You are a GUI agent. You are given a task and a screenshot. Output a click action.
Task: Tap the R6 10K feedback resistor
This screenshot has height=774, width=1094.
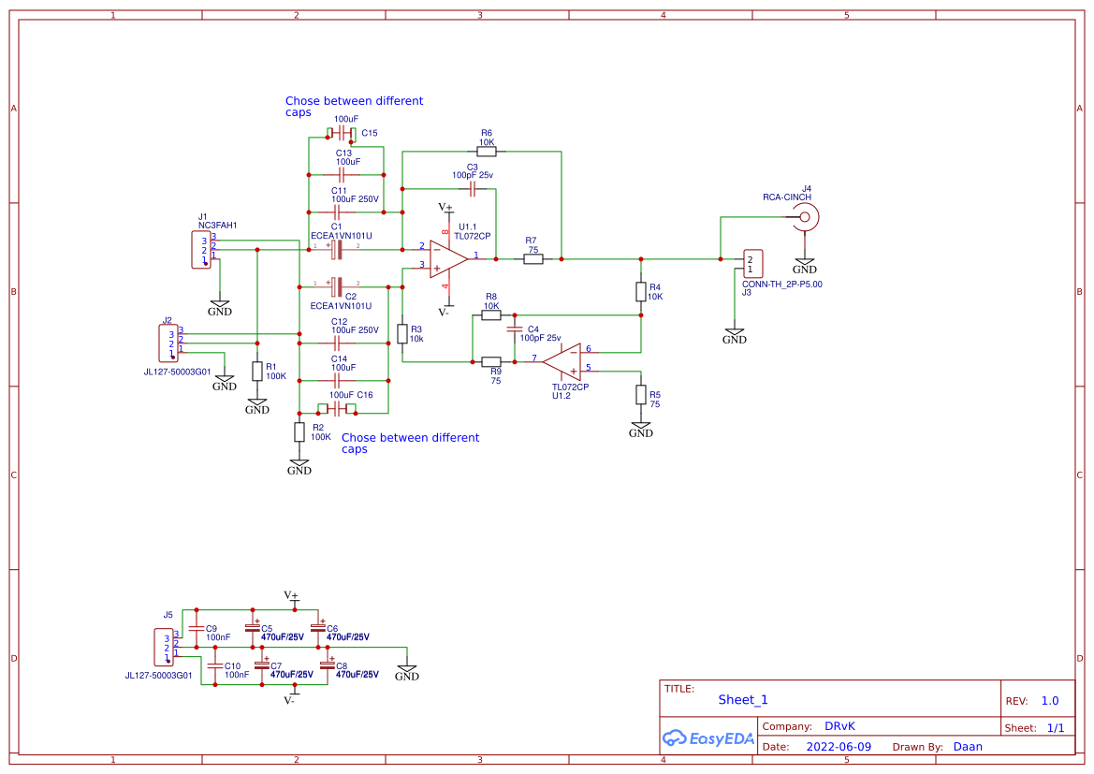click(x=486, y=151)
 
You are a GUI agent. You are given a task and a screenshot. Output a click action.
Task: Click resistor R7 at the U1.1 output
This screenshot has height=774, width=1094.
click(x=532, y=258)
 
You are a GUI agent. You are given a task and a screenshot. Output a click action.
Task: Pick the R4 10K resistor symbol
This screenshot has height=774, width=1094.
click(x=641, y=291)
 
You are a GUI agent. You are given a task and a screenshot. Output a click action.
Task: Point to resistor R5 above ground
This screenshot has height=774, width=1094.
click(x=641, y=394)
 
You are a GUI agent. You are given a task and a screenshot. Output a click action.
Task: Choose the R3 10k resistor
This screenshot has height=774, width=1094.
click(x=402, y=333)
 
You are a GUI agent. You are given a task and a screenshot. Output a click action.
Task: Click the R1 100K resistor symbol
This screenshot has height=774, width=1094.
click(x=257, y=371)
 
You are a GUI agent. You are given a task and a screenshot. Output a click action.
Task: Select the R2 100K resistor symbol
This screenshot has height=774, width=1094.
click(x=299, y=431)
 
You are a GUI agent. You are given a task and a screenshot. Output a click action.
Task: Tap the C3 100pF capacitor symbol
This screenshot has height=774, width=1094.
click(x=473, y=189)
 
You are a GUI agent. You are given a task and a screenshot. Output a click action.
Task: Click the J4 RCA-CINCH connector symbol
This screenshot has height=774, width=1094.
click(x=804, y=218)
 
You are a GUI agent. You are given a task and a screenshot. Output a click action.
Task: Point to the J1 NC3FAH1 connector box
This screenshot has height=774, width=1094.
click(x=200, y=250)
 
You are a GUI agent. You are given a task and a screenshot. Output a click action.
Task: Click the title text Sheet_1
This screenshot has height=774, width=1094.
click(x=743, y=699)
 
